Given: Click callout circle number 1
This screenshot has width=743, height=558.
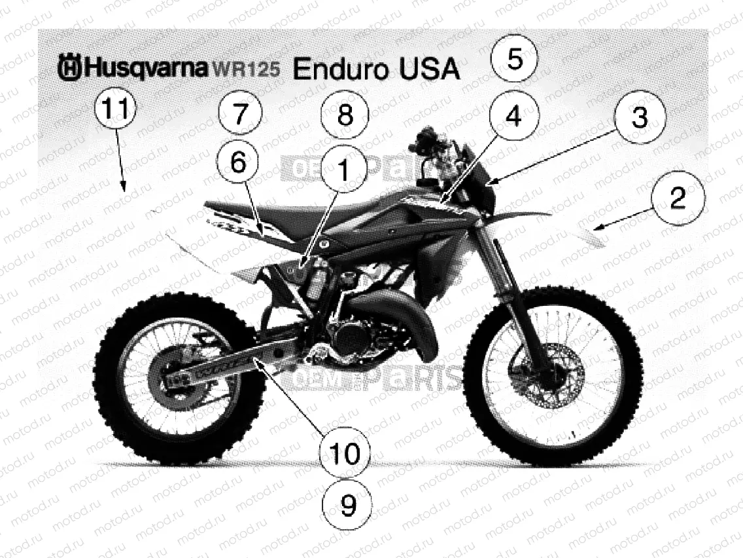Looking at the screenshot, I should (345, 169).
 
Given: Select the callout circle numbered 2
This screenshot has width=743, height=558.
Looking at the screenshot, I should (678, 198).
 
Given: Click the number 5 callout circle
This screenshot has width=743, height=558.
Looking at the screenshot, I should (514, 60).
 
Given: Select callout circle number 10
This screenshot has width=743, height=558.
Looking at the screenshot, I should (345, 453).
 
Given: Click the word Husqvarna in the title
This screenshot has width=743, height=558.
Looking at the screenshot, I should (145, 67).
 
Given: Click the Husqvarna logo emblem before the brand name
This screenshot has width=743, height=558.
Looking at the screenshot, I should (69, 67).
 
